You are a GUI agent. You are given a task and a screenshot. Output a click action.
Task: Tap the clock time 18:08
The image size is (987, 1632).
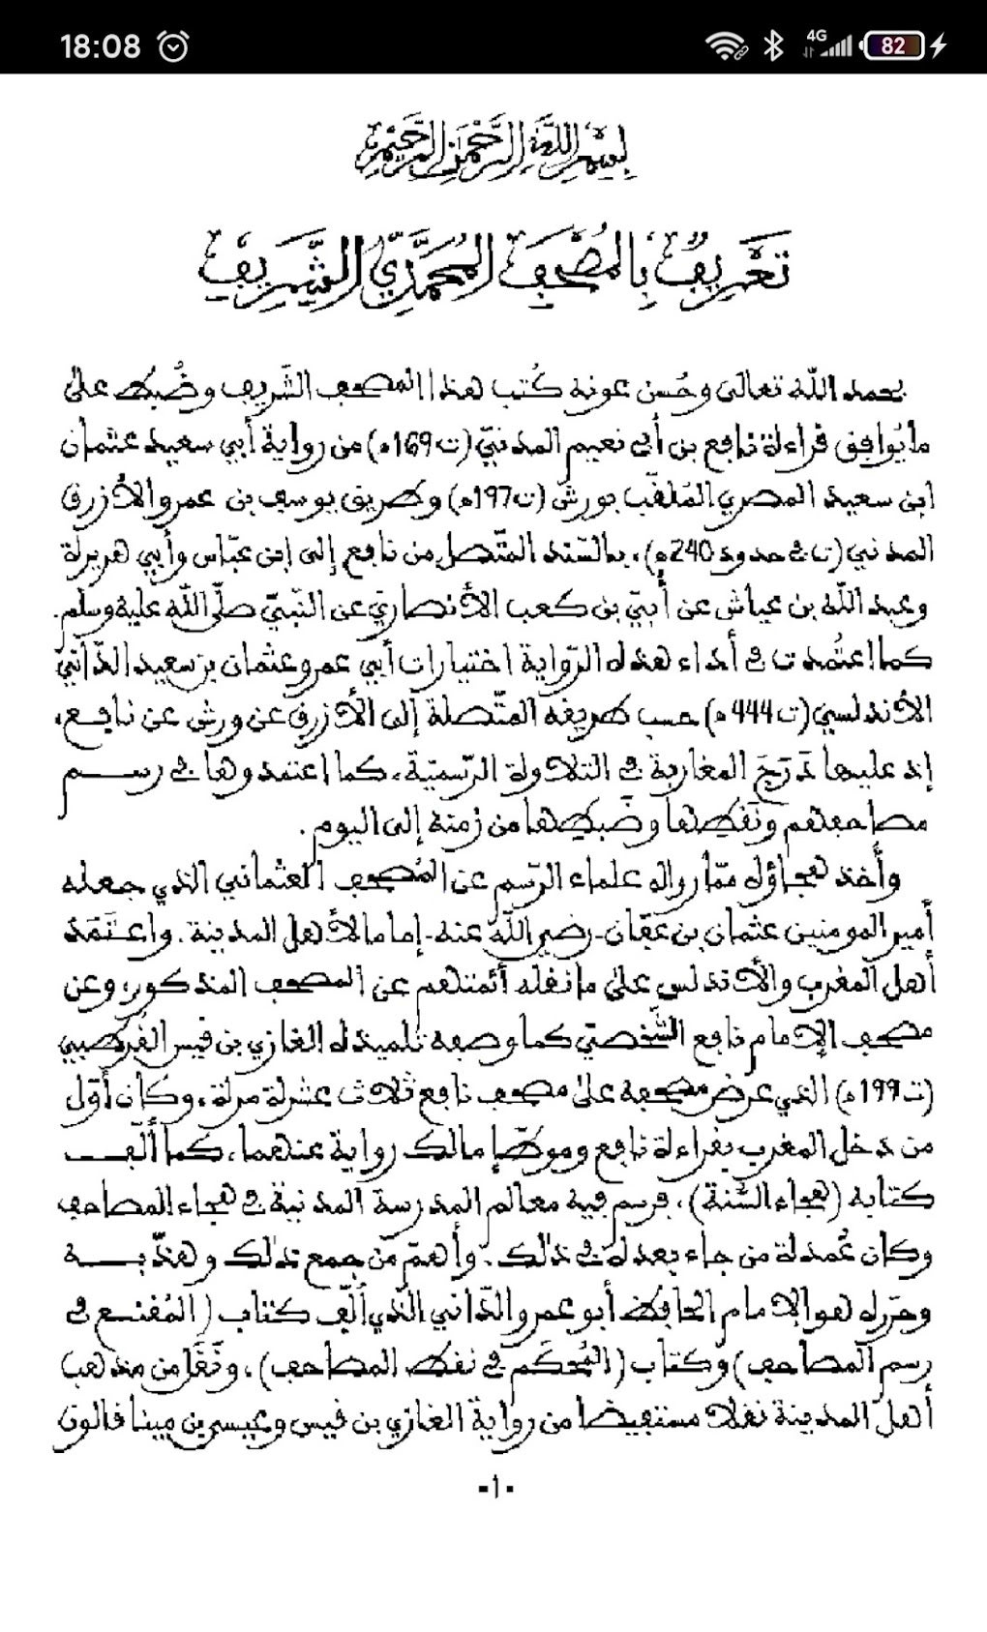click(100, 45)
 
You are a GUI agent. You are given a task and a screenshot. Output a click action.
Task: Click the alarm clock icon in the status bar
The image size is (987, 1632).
click(173, 45)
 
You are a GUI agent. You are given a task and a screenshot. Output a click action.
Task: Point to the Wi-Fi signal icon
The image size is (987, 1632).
click(723, 45)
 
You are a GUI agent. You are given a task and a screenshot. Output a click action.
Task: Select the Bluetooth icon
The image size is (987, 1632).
click(773, 45)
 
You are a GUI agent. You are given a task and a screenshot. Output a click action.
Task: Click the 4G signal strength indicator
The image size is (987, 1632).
click(828, 45)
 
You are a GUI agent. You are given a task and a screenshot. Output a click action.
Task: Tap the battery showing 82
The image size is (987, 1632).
click(892, 45)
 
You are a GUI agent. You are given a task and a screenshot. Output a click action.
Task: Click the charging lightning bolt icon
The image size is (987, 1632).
click(939, 45)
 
